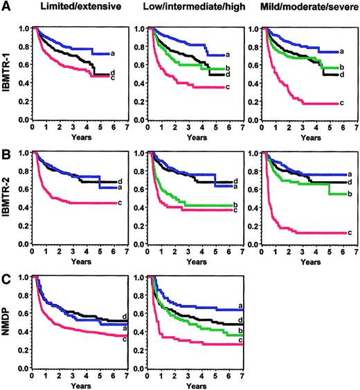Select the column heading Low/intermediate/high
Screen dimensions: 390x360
pos(186,8)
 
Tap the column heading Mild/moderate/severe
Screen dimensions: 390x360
pos(303,8)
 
